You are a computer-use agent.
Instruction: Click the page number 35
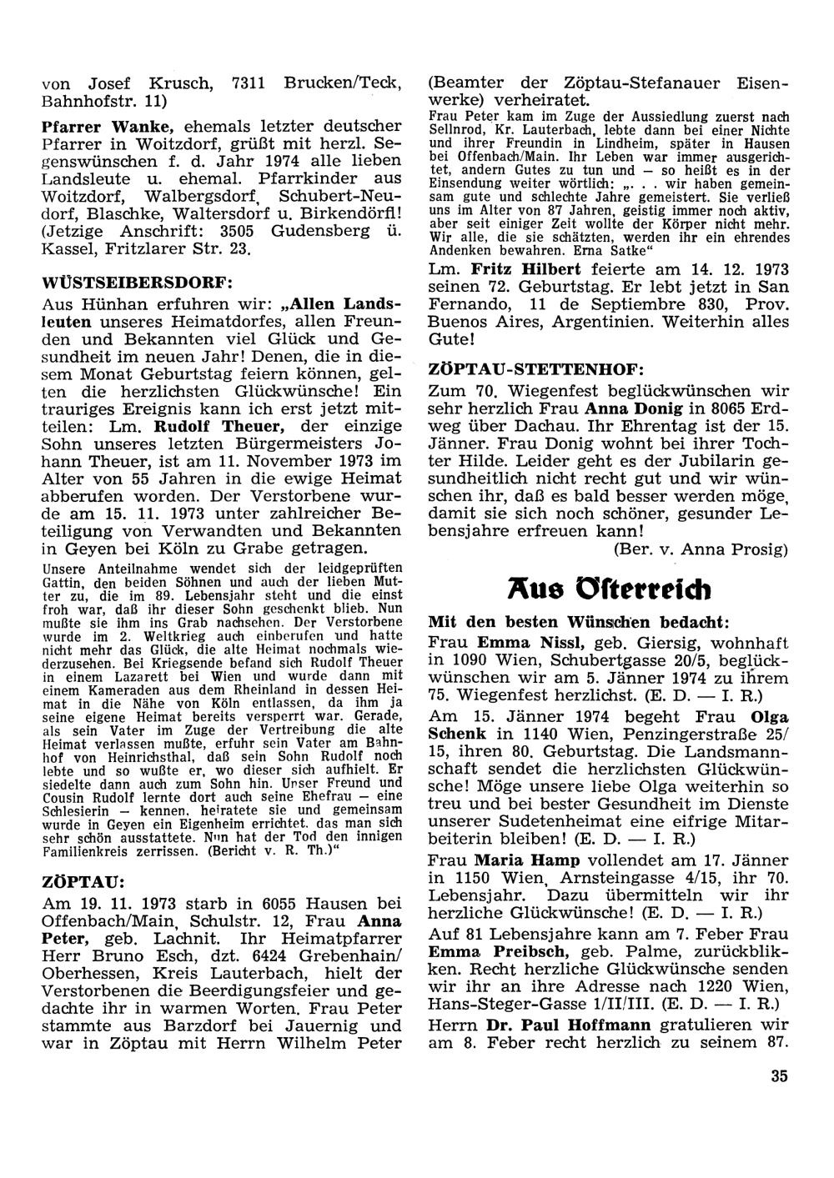(780, 1076)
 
